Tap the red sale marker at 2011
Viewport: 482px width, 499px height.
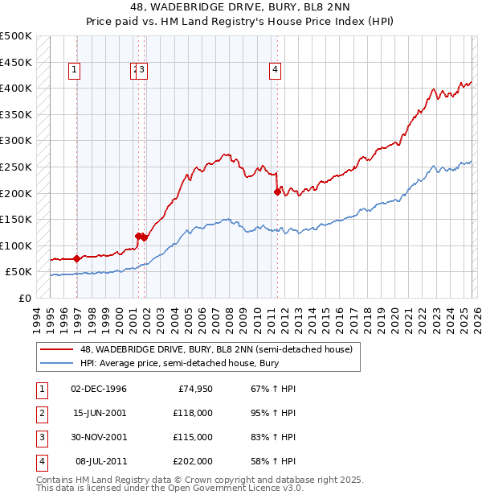pyautogui.click(x=277, y=192)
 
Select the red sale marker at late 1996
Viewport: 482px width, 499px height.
pyautogui.click(x=76, y=258)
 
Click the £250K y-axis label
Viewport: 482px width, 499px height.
pyautogui.click(x=16, y=167)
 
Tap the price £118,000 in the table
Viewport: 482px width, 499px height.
pyautogui.click(x=192, y=413)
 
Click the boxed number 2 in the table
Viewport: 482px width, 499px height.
pyautogui.click(x=40, y=413)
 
